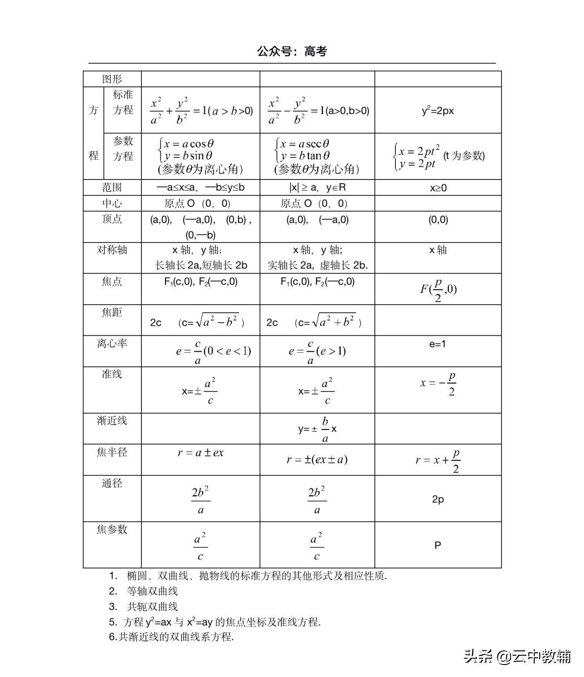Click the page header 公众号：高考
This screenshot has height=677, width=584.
coord(292,52)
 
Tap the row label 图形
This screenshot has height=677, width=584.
coord(112,79)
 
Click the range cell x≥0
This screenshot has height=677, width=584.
coord(438,188)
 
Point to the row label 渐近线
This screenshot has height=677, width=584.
coord(112,420)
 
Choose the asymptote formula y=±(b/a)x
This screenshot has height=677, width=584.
coord(317,429)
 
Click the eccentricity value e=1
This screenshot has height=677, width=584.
coord(437,344)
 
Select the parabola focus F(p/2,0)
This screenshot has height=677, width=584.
coord(439,290)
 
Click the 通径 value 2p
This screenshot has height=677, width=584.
coord(438,499)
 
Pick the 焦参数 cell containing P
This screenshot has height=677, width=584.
coord(437,545)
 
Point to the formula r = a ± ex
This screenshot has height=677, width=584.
coord(200,453)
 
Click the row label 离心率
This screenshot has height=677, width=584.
coord(112,344)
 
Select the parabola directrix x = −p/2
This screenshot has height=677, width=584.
coord(439,384)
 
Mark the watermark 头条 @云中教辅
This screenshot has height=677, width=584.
coord(517,656)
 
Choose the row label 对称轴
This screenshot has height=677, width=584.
coord(112,250)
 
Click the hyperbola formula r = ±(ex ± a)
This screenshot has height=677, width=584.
coord(317,460)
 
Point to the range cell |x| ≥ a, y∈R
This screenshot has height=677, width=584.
coord(317,187)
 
